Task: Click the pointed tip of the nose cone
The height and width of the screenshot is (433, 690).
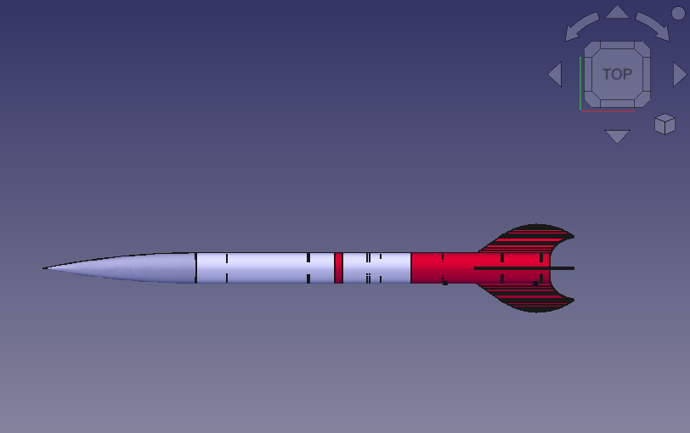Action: (46, 268)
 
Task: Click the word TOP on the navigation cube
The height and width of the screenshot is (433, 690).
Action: (617, 75)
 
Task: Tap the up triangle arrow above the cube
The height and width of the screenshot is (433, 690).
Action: (618, 13)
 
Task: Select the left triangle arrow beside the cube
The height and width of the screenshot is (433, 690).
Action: (556, 75)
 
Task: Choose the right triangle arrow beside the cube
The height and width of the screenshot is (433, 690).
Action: (679, 75)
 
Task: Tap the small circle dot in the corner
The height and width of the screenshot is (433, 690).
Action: (677, 13)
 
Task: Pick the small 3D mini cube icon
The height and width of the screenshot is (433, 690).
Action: (665, 125)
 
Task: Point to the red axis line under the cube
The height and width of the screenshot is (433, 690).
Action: (608, 110)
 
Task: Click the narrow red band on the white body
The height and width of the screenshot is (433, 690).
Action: (338, 267)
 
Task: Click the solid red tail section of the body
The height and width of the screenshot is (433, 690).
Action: (442, 267)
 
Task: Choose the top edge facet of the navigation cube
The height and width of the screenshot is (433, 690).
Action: (617, 47)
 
